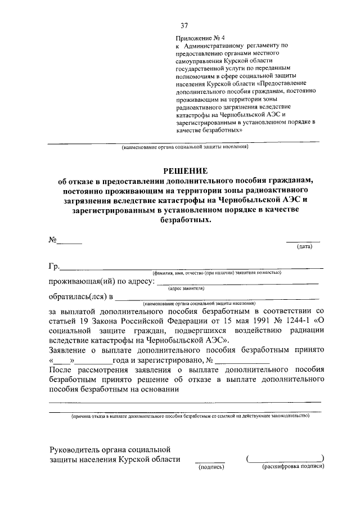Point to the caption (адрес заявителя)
[x=186, y=288]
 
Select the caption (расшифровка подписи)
[x=293, y=466]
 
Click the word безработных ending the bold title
[x=185, y=221]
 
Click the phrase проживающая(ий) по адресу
[x=102, y=281]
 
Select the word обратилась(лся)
[x=78, y=296]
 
